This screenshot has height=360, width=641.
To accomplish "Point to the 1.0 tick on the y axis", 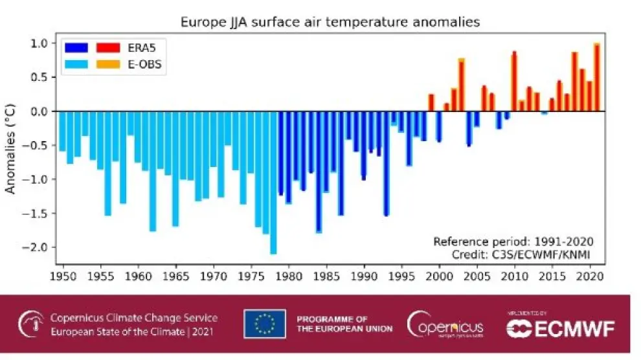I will (39, 43).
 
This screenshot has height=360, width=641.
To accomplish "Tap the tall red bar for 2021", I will (597, 77).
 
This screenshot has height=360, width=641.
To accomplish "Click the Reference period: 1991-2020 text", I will (514, 242).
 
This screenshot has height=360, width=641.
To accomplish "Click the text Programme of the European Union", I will (344, 324).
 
